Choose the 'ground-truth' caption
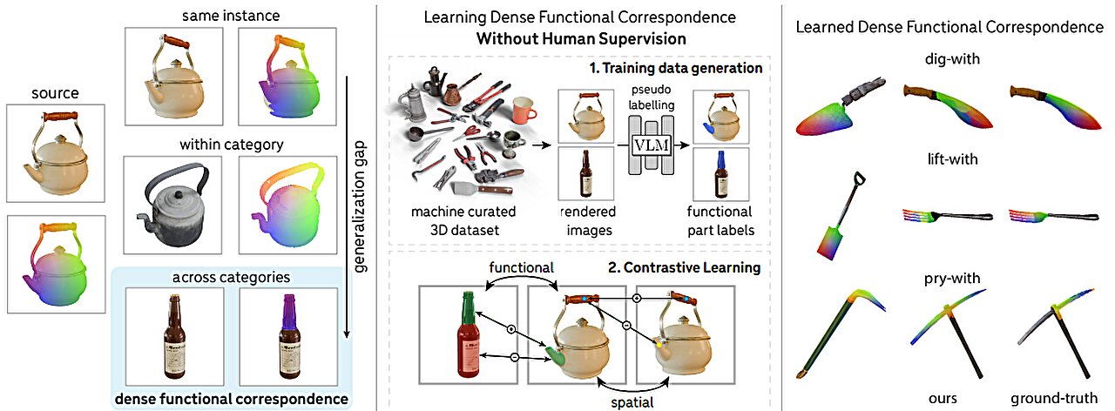[x=1052, y=400]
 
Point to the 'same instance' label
[x=230, y=15]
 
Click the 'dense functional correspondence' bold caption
[x=231, y=400]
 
